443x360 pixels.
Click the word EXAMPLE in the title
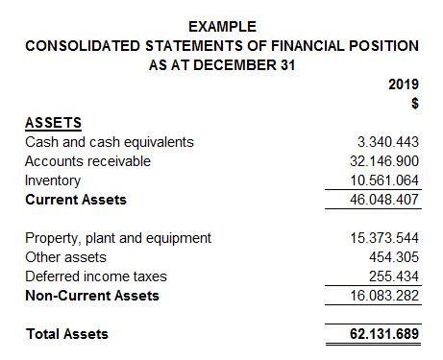222,26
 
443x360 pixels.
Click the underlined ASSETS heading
53,123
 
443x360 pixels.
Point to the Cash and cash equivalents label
110,142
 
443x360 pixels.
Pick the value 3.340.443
387,142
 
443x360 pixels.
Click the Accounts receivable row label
87,161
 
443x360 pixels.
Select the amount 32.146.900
383,161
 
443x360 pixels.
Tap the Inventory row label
53,180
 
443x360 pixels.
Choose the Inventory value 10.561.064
383,180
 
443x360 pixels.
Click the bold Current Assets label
76,200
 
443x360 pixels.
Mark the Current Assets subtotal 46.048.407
383,200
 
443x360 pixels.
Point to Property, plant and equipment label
118,238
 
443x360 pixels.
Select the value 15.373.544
383,238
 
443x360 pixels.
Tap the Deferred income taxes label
96,276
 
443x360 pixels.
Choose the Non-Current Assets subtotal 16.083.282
383,296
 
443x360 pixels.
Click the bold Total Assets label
66,334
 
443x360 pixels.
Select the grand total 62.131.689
383,334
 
